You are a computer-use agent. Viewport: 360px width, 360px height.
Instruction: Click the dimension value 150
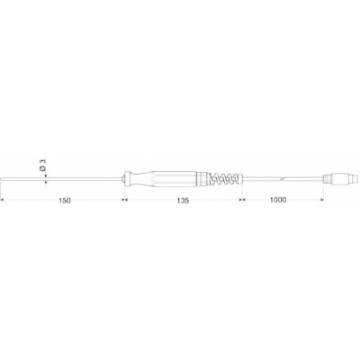tap(65, 201)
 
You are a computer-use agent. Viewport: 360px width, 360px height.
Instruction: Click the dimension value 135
tap(183, 201)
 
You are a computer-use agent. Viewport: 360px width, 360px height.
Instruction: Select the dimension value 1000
tap(278, 200)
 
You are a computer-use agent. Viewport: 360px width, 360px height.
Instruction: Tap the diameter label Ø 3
tap(42, 165)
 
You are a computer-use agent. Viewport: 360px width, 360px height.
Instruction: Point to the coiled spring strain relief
tap(225, 178)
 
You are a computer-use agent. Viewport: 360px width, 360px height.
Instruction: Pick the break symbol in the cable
tap(282, 179)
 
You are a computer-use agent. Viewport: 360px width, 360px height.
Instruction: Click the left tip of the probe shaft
tap(1, 179)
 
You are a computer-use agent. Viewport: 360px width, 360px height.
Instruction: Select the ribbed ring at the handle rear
tap(202, 178)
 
